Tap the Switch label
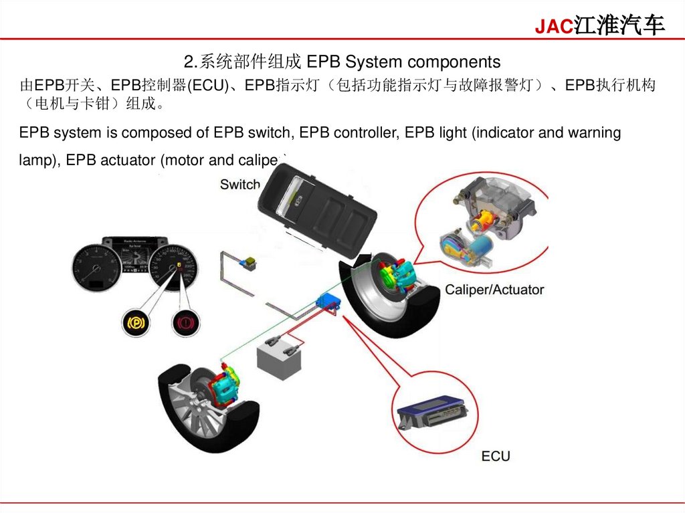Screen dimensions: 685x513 point(240,185)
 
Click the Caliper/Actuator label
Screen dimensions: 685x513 point(494,290)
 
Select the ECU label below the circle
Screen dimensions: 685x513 point(496,456)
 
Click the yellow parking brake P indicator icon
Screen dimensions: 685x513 point(134,324)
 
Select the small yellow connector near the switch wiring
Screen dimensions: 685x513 point(252,262)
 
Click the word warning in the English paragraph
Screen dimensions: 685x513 point(594,132)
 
